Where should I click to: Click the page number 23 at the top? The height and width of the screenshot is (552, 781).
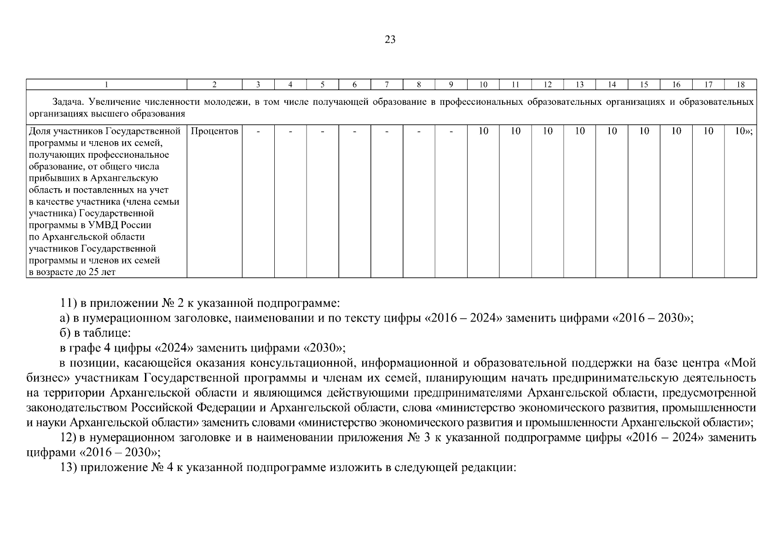tap(390, 40)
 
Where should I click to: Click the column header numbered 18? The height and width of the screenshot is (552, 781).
tap(740, 84)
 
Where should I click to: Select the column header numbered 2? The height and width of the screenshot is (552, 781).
tap(214, 84)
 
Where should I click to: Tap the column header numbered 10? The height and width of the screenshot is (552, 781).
tap(483, 84)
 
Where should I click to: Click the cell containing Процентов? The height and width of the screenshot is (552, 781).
tap(214, 131)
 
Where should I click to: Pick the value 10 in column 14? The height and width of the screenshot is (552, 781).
tap(612, 131)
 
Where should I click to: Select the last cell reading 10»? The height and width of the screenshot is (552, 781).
tap(743, 131)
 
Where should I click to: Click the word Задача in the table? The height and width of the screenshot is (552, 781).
tap(67, 102)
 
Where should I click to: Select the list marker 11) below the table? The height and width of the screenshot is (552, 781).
tap(68, 304)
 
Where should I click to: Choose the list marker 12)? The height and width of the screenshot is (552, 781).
tap(68, 437)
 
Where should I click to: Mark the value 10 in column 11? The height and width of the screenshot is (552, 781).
tap(515, 131)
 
